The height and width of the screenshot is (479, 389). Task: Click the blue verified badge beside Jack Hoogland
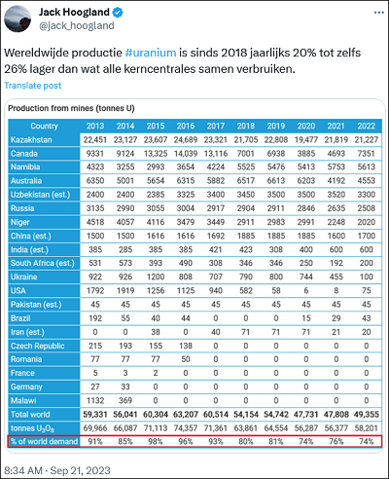click(118, 13)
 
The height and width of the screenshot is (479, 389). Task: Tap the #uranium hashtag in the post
click(151, 53)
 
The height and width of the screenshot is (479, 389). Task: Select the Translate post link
click(32, 86)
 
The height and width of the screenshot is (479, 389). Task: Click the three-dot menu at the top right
click(379, 13)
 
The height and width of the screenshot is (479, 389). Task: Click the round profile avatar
click(18, 18)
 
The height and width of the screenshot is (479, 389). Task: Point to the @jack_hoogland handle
click(77, 25)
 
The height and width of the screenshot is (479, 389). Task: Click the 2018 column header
click(246, 126)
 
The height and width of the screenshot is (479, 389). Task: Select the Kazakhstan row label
click(31, 140)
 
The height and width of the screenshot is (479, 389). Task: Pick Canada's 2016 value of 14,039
click(186, 154)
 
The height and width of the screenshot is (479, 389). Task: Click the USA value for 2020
click(306, 290)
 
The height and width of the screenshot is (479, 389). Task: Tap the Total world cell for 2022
click(367, 415)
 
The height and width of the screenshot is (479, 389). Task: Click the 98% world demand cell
click(156, 442)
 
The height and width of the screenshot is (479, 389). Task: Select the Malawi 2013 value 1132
click(95, 400)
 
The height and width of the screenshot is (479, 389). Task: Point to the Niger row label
click(20, 222)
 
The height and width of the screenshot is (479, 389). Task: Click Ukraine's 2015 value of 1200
click(156, 276)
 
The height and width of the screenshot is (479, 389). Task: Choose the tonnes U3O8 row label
click(32, 428)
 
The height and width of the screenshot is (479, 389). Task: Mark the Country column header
click(44, 126)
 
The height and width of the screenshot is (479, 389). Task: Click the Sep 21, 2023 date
click(80, 470)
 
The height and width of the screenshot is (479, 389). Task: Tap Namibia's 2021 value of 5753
click(336, 167)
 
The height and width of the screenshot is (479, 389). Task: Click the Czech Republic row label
click(38, 346)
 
